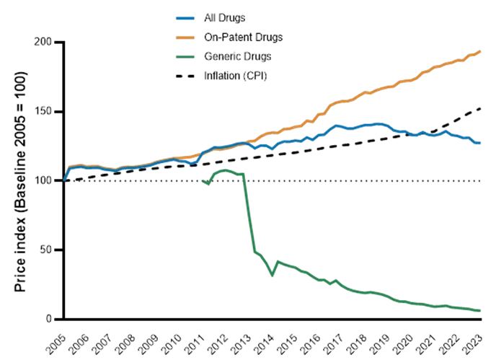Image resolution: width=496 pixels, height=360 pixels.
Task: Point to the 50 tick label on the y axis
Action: pyautogui.click(x=47, y=249)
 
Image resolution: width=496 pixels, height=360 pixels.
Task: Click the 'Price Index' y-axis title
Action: pyautogui.click(x=20, y=180)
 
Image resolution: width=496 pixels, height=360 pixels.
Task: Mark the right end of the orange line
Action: pyautogui.click(x=482, y=51)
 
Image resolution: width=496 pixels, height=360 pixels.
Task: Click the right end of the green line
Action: pyautogui.click(x=482, y=311)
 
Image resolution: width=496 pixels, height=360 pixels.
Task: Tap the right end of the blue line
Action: pyautogui.click(x=482, y=144)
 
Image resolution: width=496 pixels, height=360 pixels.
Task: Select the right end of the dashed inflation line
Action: pyautogui.click(x=482, y=109)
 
